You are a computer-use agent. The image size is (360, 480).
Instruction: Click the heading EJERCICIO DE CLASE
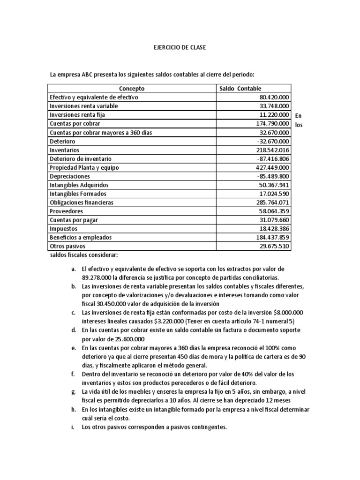[180, 48]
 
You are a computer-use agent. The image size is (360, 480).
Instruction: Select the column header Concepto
[132, 89]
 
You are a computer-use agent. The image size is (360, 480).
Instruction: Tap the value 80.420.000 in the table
[272, 97]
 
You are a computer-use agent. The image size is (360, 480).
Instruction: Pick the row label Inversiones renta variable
[84, 106]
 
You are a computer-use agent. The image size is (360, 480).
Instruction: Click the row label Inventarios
[65, 150]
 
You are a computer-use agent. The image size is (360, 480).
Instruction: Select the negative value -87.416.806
[271, 159]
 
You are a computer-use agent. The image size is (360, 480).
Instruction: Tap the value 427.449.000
[271, 168]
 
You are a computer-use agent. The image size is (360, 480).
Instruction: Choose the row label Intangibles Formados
[78, 194]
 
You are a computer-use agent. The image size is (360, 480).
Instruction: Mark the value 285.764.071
[271, 203]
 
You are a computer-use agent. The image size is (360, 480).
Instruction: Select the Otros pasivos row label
[68, 246]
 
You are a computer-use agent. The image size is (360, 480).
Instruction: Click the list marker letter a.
[73, 269]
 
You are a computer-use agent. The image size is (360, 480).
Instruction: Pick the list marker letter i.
[73, 427]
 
